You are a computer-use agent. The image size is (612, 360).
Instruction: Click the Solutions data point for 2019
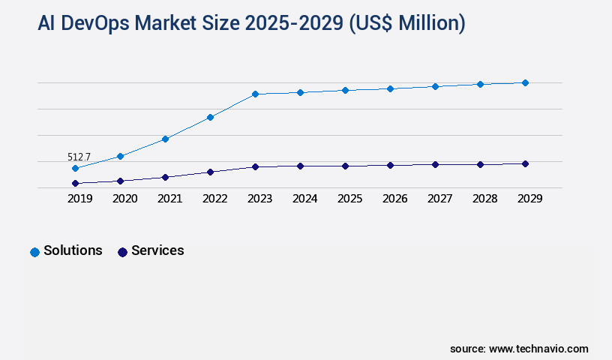[x=75, y=168]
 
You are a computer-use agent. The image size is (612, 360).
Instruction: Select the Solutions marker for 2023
[x=255, y=94]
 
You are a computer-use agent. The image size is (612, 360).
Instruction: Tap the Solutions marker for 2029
[x=525, y=82]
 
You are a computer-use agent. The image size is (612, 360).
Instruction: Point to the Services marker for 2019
[x=75, y=183]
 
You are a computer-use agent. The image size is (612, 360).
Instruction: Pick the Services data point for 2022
[x=210, y=172]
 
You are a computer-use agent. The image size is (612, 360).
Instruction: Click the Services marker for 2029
[x=525, y=163]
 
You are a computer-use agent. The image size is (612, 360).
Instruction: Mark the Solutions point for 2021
[x=165, y=139]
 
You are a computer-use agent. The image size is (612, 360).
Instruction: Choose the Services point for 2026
[x=390, y=165]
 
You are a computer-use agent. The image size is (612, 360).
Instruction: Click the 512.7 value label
[x=79, y=157]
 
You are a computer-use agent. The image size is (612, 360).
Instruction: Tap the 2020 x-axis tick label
[x=124, y=199]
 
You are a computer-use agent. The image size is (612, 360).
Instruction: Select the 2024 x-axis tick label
[x=304, y=199]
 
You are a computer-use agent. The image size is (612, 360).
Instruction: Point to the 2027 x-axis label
[x=439, y=199]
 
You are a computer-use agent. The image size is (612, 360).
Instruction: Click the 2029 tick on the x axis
[x=529, y=199]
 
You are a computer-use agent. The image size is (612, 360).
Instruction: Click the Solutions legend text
[x=73, y=250]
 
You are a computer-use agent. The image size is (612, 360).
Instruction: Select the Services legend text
[x=157, y=250]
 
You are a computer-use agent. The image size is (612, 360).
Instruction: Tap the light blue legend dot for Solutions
[x=34, y=252]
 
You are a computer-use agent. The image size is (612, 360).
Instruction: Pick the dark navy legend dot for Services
[x=122, y=252]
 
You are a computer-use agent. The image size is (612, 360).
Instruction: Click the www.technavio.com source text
[x=538, y=349]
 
